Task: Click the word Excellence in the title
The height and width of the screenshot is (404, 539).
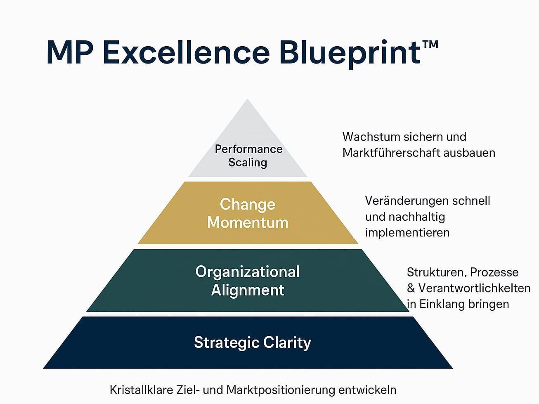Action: point(187,52)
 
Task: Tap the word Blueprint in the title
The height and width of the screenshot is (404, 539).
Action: point(350,54)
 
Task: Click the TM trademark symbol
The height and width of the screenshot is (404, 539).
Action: point(430,44)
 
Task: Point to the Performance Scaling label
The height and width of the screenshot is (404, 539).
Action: point(248,156)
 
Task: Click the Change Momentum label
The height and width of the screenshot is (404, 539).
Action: point(248,213)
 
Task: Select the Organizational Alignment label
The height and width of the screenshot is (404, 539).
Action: point(248,281)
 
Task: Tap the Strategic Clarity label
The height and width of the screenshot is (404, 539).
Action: point(253,343)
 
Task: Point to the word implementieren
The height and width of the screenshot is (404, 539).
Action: point(407,233)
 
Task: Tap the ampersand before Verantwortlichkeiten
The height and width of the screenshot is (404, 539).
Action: point(411,288)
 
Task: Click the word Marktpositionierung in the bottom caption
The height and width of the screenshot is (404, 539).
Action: point(280,390)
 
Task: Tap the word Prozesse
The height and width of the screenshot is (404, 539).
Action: point(494,272)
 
